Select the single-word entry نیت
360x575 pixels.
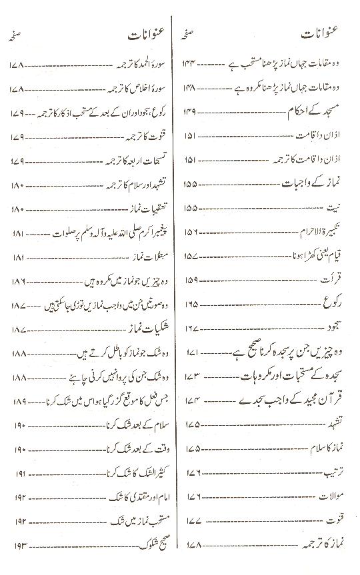340,207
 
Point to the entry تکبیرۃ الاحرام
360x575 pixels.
325,231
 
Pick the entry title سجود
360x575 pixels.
338,327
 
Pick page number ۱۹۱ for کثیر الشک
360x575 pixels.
19,472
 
